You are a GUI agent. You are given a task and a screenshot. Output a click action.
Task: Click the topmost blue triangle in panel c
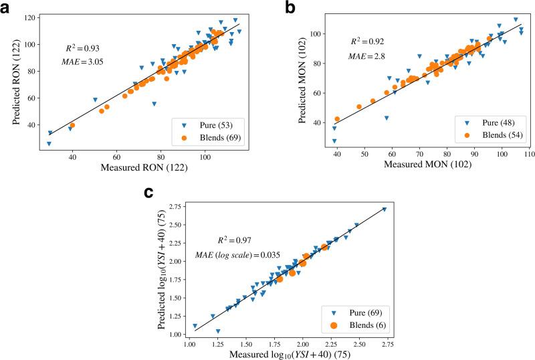coord(384,209)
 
